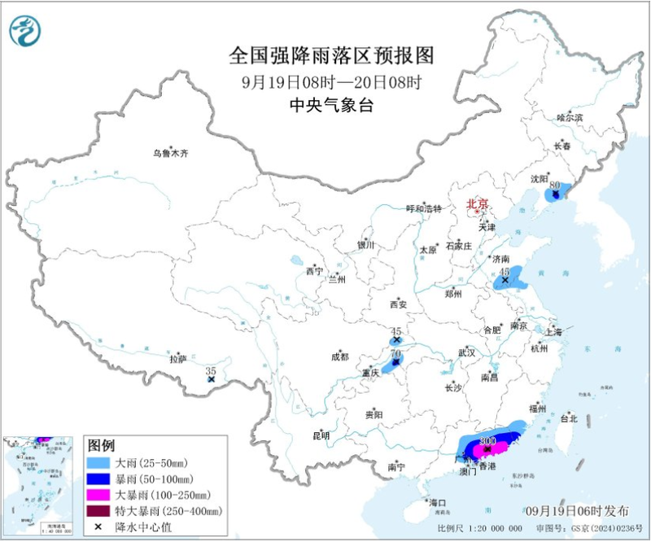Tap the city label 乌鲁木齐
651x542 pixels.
171,152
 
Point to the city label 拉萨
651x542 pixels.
178,358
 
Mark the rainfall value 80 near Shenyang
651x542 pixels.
554,186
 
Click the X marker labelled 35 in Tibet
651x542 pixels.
211,379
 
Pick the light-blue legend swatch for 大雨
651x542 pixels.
101,461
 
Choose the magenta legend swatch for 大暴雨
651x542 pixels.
101,494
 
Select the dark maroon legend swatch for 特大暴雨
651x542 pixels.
101,510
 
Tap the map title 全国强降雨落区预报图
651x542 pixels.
331,55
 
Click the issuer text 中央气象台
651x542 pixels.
331,104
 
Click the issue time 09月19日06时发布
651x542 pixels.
577,510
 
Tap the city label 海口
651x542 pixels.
439,503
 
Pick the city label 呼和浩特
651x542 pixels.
423,208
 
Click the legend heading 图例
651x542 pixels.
101,445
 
